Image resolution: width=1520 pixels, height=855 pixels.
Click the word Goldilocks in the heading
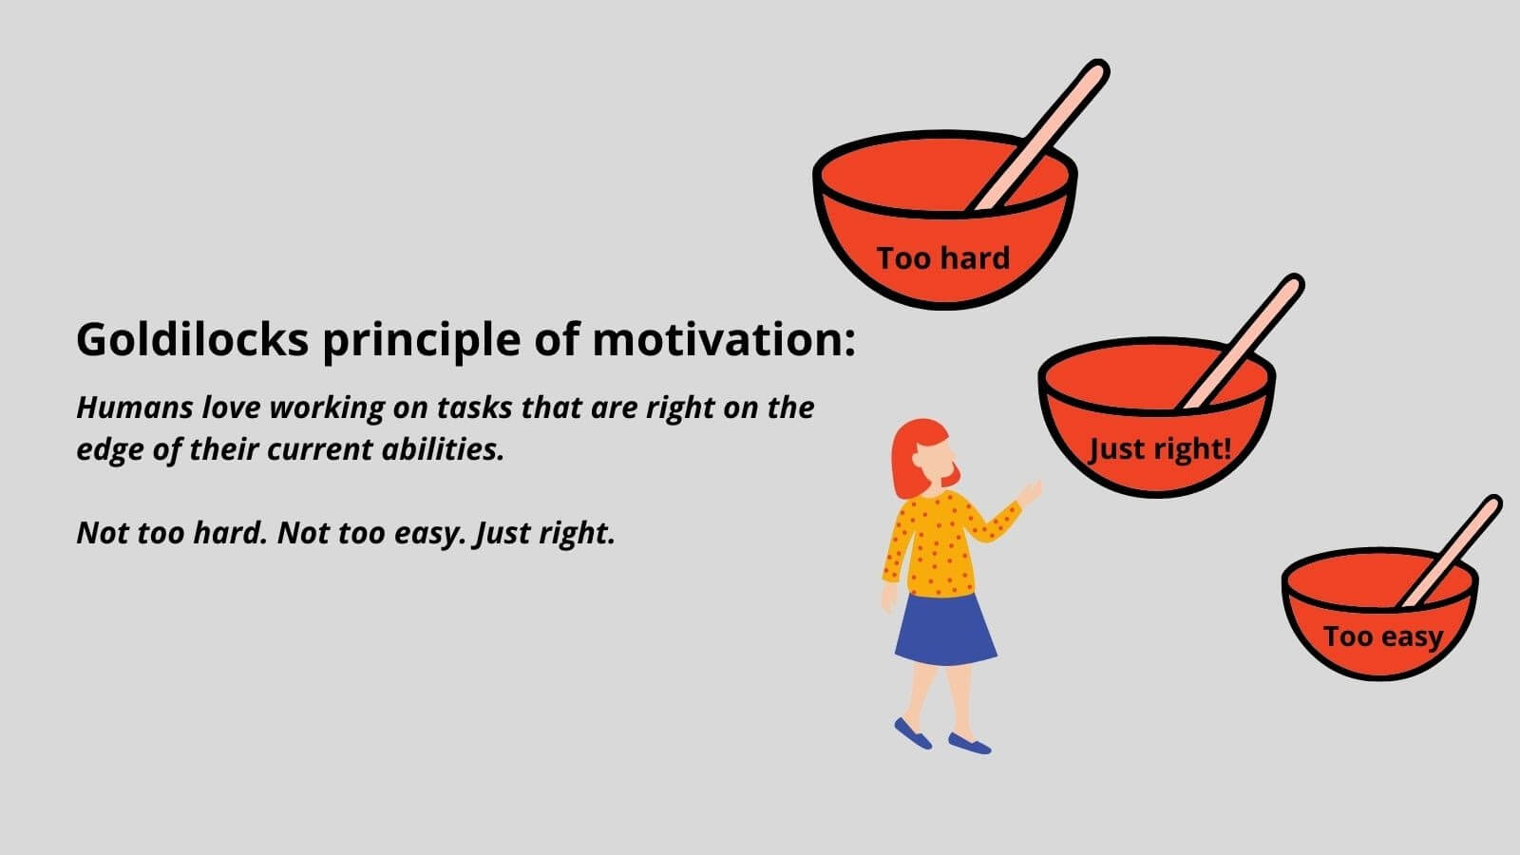193,338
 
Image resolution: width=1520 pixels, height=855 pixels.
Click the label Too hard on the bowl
943,257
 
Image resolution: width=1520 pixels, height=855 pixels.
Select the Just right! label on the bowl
1160,449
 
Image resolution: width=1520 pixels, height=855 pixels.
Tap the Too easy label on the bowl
1383,637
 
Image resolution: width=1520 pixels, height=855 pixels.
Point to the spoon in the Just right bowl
1241,342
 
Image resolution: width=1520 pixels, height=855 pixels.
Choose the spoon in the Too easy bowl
1450,551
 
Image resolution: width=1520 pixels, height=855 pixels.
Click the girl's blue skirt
945,630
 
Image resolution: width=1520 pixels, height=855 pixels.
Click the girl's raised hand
1030,492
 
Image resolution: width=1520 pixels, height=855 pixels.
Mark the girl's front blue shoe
969,744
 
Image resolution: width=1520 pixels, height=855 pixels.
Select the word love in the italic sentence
231,408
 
